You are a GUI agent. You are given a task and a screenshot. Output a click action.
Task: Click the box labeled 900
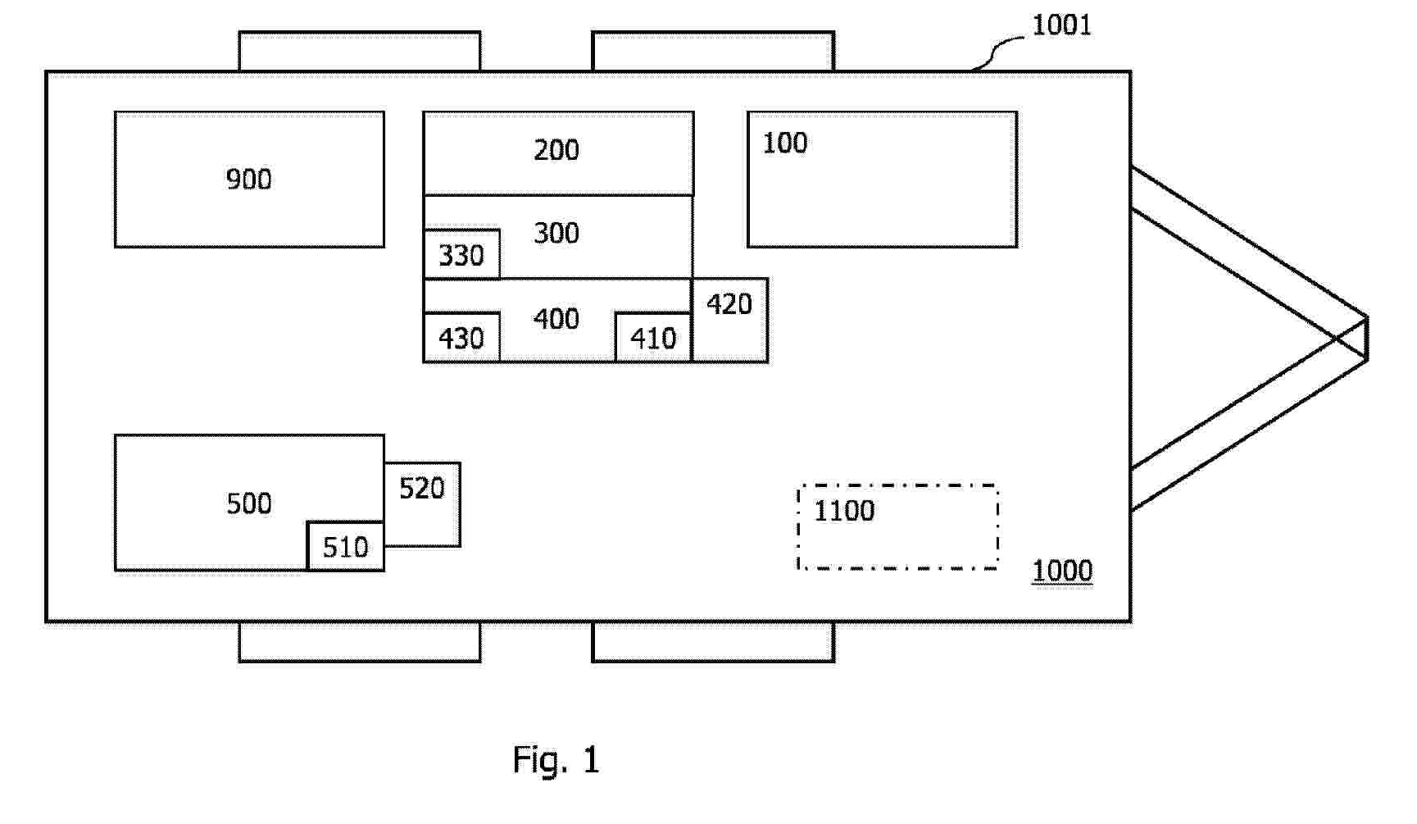(249, 180)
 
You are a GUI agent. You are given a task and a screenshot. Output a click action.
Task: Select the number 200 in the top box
(556, 150)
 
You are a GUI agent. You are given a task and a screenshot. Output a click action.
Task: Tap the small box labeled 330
(461, 255)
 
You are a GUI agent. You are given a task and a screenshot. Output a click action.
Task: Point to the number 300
(556, 234)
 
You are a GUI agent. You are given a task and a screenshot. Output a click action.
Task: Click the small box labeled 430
(461, 338)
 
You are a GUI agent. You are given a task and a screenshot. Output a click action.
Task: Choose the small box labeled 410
(653, 338)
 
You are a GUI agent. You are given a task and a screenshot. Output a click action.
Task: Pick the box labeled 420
(730, 321)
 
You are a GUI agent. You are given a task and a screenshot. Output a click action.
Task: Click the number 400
(556, 319)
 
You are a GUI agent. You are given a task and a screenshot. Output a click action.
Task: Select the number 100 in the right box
(785, 143)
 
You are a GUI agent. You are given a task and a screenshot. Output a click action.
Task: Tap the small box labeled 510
(345, 547)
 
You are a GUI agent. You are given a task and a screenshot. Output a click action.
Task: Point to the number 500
(249, 503)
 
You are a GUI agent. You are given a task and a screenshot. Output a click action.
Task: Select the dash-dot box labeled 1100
(898, 527)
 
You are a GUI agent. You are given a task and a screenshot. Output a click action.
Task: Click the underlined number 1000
(1062, 571)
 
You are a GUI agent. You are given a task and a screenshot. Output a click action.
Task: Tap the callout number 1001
(1062, 25)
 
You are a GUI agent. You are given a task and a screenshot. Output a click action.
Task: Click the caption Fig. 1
(556, 760)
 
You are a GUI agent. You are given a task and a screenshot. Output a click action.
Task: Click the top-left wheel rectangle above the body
(360, 52)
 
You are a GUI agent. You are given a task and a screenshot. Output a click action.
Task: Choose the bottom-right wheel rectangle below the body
(713, 642)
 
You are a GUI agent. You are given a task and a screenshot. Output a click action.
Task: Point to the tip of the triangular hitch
(1365, 338)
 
